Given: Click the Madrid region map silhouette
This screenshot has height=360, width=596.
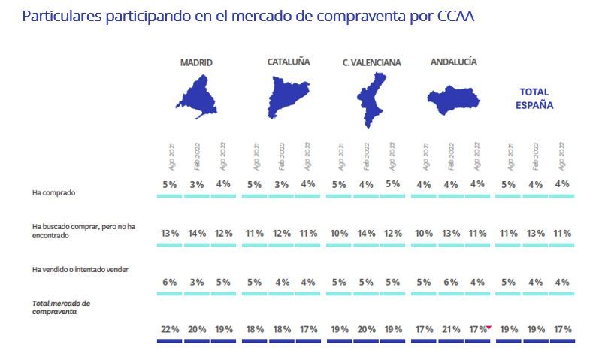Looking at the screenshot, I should pyautogui.click(x=197, y=97).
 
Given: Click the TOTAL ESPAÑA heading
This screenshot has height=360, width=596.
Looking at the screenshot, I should pyautogui.click(x=534, y=98).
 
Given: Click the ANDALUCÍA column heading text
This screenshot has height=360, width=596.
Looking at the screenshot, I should pyautogui.click(x=453, y=62).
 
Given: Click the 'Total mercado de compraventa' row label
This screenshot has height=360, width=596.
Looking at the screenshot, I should pyautogui.click(x=62, y=306).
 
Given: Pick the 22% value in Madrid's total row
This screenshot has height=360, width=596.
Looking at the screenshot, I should pyautogui.click(x=169, y=329).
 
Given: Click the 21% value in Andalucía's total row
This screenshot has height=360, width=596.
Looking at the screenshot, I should pyautogui.click(x=451, y=329).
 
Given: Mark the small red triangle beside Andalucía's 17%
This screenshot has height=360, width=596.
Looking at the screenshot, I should pyautogui.click(x=489, y=326).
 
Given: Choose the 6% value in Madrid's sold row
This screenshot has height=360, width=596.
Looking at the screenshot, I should pyautogui.click(x=169, y=282).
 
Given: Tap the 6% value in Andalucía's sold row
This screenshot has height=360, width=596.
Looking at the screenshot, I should pyautogui.click(x=451, y=282).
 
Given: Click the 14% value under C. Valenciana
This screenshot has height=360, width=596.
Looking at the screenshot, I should pyautogui.click(x=366, y=234).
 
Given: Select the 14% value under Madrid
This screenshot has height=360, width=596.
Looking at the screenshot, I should pyautogui.click(x=197, y=234).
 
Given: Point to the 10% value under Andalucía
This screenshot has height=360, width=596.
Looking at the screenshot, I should pyautogui.click(x=424, y=234).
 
